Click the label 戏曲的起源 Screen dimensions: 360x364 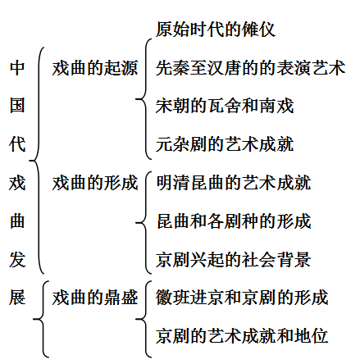(x=95, y=68)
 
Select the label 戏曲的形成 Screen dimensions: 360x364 (x=95, y=183)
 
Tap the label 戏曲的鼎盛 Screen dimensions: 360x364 (x=95, y=298)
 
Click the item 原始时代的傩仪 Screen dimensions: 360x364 (x=216, y=29)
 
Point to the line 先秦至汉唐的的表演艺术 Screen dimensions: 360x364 (x=251, y=68)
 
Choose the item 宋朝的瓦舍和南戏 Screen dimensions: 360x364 (x=225, y=106)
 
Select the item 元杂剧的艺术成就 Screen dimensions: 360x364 (x=225, y=144)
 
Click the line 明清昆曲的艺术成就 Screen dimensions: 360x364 (x=234, y=183)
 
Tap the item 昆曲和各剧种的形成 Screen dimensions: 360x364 (x=234, y=221)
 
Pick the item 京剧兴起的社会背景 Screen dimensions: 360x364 (x=234, y=259)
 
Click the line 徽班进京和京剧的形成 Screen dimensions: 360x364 (x=242, y=298)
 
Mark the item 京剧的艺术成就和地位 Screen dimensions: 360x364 (x=242, y=335)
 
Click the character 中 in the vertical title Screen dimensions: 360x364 (x=17, y=68)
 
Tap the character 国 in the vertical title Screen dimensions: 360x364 (x=17, y=106)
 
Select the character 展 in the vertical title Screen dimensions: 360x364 (x=17, y=298)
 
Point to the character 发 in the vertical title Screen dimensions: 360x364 (x=17, y=259)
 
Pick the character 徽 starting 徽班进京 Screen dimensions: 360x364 (x=164, y=298)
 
